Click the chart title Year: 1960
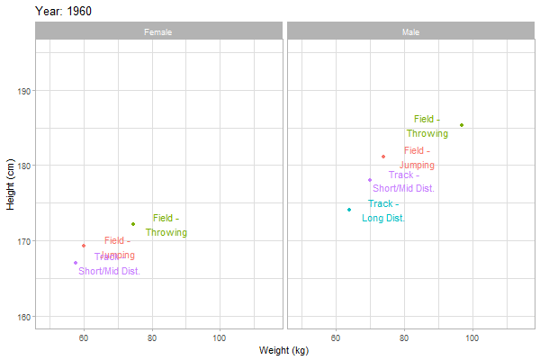(x=63, y=11)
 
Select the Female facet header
(x=158, y=32)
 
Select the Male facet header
(x=410, y=32)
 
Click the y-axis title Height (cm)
(x=11, y=178)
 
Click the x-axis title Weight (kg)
(x=283, y=350)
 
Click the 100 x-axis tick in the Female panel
(x=220, y=337)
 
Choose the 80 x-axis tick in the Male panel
(x=404, y=337)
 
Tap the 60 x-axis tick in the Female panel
(x=84, y=337)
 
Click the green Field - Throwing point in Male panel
(x=462, y=125)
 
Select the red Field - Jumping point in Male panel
(x=383, y=157)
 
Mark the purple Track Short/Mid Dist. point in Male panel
(x=370, y=180)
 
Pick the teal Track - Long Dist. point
(x=349, y=210)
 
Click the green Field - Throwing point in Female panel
(x=133, y=224)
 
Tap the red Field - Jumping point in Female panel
(x=84, y=246)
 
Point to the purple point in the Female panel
(x=76, y=263)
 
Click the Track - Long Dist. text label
(x=383, y=211)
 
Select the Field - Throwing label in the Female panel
(x=166, y=225)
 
